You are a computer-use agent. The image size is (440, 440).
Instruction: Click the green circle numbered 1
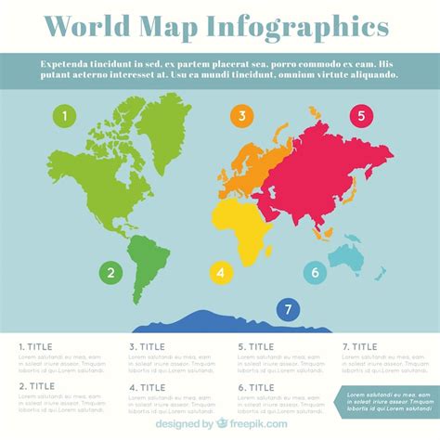[64, 117]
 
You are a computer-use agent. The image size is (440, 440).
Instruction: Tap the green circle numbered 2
[110, 273]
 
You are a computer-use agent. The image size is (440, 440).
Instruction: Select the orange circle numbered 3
[242, 116]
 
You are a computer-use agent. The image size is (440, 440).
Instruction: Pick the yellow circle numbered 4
[220, 273]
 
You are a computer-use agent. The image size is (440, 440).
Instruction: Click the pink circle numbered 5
[361, 117]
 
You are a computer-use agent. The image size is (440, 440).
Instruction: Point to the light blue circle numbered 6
[315, 273]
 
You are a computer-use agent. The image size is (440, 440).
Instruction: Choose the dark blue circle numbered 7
[288, 309]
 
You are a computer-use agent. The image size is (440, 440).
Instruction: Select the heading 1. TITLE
[37, 346]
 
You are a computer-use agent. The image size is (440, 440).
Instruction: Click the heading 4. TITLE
[147, 387]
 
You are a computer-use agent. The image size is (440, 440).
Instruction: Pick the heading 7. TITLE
[360, 346]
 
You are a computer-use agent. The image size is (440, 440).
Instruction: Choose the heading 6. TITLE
[256, 387]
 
